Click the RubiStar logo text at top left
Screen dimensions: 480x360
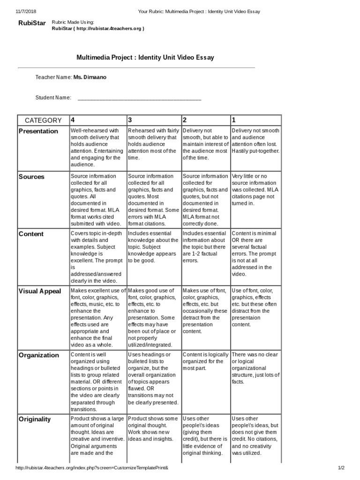click(x=30, y=23)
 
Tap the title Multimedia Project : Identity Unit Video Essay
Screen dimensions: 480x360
click(x=145, y=57)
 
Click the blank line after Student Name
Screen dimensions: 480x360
click(x=139, y=98)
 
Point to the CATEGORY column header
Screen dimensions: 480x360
click(x=43, y=120)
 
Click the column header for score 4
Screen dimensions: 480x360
click(x=73, y=120)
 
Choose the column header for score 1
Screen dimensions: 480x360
click(x=234, y=120)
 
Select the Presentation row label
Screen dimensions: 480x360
click(x=38, y=131)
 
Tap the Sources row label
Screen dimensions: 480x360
click(x=31, y=177)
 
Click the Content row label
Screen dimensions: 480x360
click(x=31, y=234)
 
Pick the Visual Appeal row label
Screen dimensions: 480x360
click(x=40, y=291)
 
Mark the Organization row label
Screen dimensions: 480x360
click(x=39, y=355)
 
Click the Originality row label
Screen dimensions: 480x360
click(x=35, y=419)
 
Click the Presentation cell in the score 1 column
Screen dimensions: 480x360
click(x=255, y=141)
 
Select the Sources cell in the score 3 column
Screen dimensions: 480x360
click(x=153, y=200)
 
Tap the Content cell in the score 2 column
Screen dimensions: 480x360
click(x=205, y=247)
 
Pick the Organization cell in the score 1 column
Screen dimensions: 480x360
click(x=255, y=368)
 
